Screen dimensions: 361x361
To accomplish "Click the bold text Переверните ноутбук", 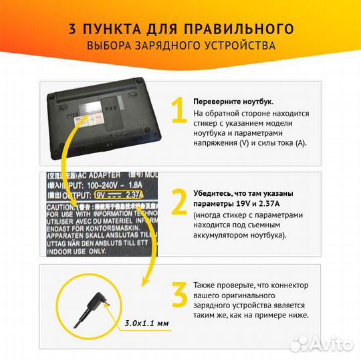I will [233, 102].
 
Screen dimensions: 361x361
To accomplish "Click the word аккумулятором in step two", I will [225, 236].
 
